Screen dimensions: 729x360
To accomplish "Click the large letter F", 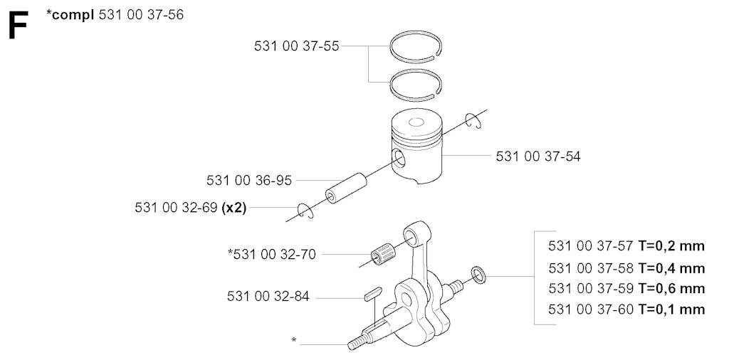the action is [x=18, y=26].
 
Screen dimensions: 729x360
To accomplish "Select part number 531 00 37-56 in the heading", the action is [x=142, y=15].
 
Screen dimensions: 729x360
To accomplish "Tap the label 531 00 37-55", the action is [x=297, y=46].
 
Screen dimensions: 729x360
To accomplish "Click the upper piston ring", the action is [x=415, y=46].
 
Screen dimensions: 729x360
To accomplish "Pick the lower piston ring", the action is [x=415, y=85].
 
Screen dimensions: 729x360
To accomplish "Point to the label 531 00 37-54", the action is [x=538, y=157].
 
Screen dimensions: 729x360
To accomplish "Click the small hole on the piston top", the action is [x=416, y=122].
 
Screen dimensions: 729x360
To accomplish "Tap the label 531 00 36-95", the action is [x=249, y=180].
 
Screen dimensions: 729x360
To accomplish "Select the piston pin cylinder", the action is [x=345, y=188].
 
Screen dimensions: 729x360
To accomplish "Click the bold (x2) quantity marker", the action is [x=234, y=208].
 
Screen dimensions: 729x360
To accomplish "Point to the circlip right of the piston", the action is [x=473, y=120].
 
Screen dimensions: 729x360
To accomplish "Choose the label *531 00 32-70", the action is [x=272, y=254].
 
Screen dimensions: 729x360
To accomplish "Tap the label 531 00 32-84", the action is [x=268, y=297].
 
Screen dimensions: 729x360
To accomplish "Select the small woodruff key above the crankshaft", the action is [x=372, y=294].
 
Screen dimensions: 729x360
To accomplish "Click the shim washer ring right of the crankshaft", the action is [x=478, y=275].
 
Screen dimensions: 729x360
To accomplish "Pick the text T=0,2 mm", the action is [x=671, y=245].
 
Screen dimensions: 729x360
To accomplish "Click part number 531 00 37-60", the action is [x=591, y=309].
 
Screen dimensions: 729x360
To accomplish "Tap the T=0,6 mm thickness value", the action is [x=671, y=288].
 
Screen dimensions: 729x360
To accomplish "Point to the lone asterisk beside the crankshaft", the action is [x=294, y=341].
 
